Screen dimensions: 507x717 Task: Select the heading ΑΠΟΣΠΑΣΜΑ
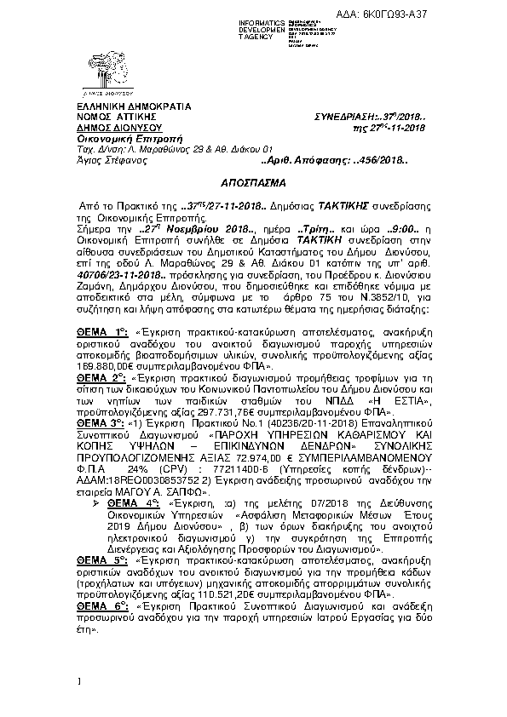coord(253,183)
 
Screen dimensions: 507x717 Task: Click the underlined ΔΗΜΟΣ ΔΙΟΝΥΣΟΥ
coord(107,126)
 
